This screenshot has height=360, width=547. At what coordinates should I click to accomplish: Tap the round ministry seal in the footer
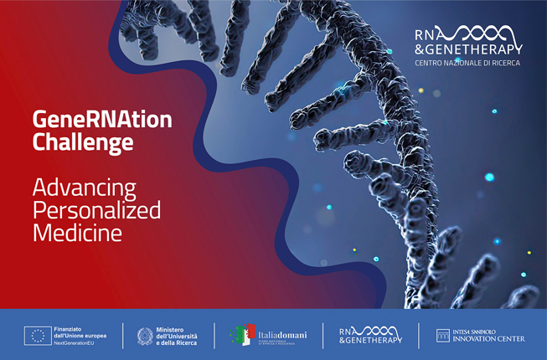click(x=145, y=336)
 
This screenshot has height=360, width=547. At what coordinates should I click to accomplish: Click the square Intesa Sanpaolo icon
click(x=442, y=336)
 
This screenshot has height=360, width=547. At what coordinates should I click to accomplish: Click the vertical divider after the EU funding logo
click(x=123, y=336)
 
